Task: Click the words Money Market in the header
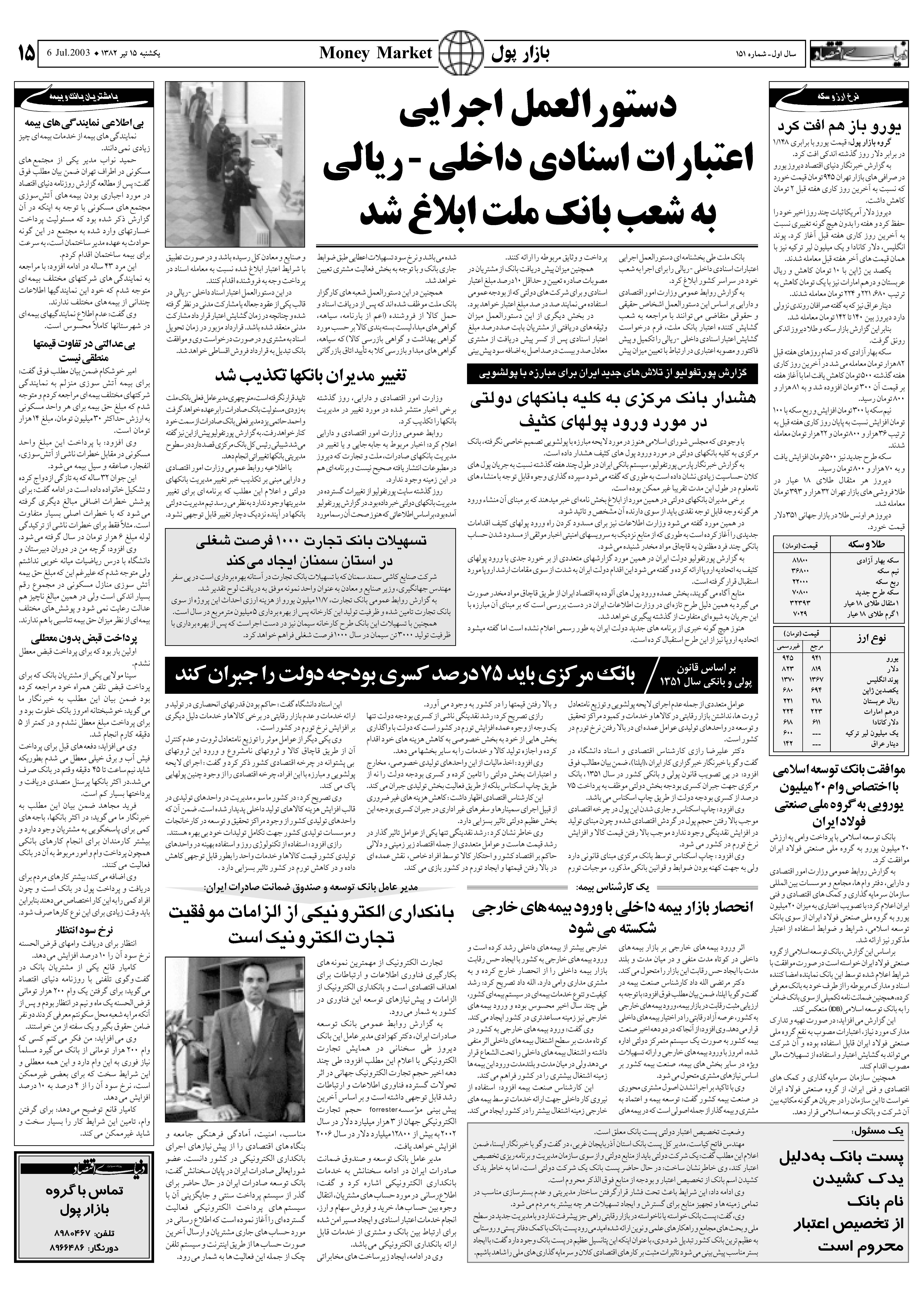(x=376, y=53)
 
